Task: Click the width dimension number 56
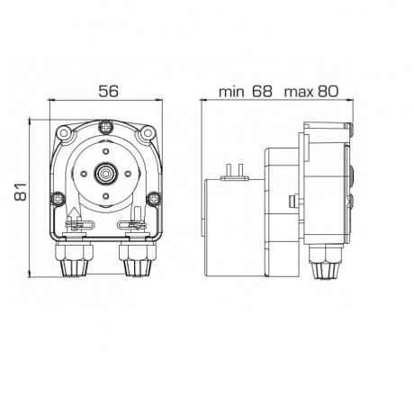click(x=107, y=92)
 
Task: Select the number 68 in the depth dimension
click(x=262, y=92)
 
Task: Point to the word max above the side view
click(x=299, y=92)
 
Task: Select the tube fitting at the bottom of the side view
click(x=321, y=263)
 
